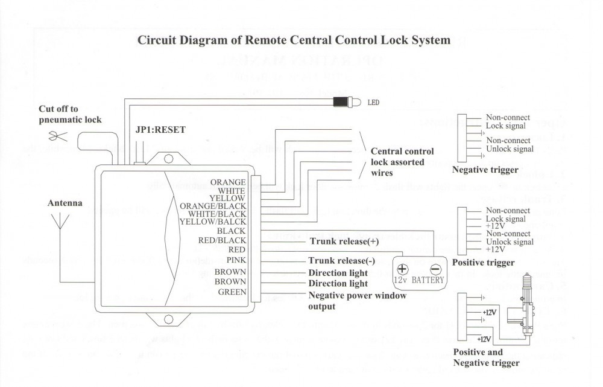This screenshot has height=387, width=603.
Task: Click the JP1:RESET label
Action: coord(161,129)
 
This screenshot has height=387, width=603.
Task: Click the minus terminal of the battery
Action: coord(435,269)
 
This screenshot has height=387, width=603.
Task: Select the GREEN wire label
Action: coord(232,292)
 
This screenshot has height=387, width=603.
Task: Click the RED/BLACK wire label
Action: coord(223,240)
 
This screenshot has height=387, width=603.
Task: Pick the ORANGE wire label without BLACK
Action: coord(228,182)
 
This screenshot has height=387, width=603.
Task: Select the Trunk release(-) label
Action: coord(341,261)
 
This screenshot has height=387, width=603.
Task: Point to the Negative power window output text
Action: coord(357,301)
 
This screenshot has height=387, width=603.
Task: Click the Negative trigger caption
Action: coord(485,170)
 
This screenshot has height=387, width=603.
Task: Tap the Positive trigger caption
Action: coord(483,263)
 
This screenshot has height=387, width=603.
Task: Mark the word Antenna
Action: coord(65,203)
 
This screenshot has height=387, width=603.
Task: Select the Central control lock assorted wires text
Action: coord(402,162)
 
